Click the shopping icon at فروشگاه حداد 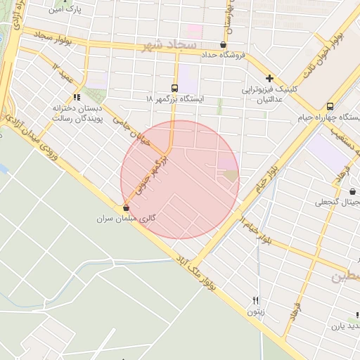(x=223, y=44)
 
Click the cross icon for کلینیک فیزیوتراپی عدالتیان (x=269, y=78)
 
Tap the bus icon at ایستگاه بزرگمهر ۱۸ (x=174, y=88)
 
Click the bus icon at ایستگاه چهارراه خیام (x=330, y=106)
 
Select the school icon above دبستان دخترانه (x=77, y=97)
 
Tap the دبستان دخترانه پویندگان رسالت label (x=77, y=114)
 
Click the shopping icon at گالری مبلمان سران (x=126, y=207)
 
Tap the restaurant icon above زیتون (x=256, y=299)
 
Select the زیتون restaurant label (x=255, y=310)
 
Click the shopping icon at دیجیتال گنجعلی (x=352, y=191)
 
